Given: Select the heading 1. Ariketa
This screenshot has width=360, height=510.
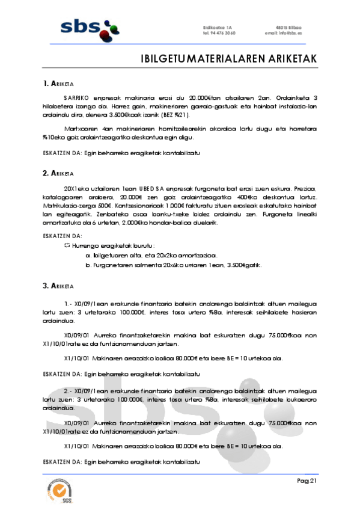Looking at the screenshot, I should [58, 83].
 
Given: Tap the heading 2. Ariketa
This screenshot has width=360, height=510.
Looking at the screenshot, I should [58, 173].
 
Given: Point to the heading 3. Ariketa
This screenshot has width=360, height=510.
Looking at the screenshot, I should [58, 284].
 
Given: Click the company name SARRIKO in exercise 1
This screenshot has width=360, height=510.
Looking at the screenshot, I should [75, 97].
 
